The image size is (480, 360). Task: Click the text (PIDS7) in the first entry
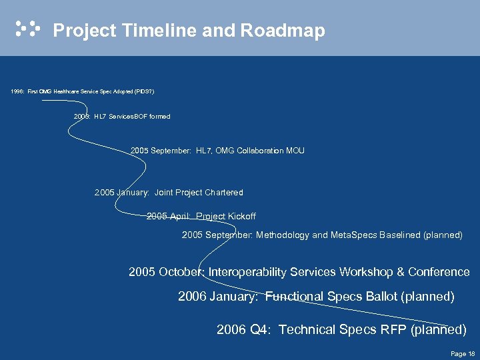pos(144,91)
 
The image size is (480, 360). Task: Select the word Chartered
pos(224,193)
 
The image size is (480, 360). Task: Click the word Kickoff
pos(241,217)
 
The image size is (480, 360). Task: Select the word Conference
pos(439,272)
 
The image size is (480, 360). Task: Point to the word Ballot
pos(383,297)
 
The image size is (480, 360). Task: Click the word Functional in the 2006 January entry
pos(295,297)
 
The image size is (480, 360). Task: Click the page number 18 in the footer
pos(471,353)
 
